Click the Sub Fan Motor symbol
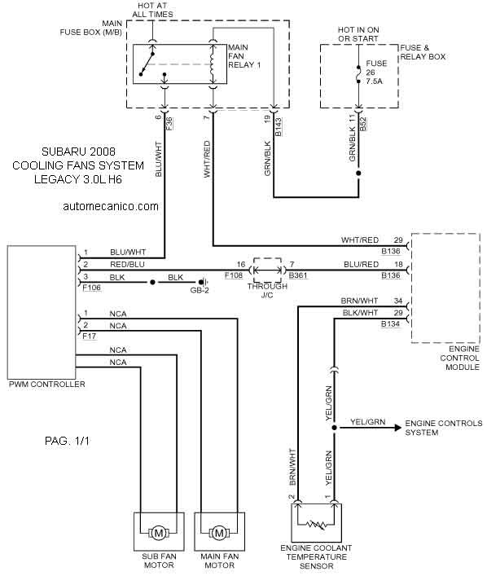(x=159, y=533)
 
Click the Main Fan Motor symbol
(x=219, y=533)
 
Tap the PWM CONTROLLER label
(x=47, y=385)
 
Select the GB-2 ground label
(x=200, y=290)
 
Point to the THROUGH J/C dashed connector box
(x=268, y=270)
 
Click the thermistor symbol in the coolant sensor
(x=316, y=525)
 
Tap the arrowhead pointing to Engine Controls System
(x=397, y=428)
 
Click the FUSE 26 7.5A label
(x=376, y=73)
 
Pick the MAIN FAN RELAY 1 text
(x=244, y=56)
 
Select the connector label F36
(x=169, y=124)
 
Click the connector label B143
(x=279, y=126)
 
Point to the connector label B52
(x=363, y=124)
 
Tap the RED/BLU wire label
(x=127, y=265)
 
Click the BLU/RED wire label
(x=361, y=265)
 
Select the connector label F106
(x=91, y=288)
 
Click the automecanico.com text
(x=111, y=206)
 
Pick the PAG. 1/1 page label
(x=67, y=441)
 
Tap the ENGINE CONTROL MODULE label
(x=460, y=358)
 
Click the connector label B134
(x=390, y=324)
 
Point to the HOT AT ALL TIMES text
(x=152, y=10)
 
